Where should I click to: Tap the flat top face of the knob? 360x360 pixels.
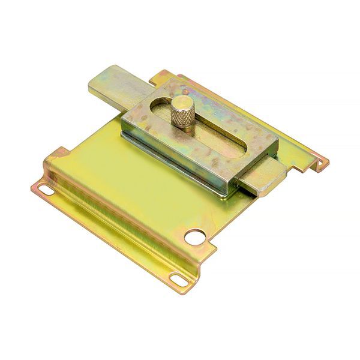pos(182,103)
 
